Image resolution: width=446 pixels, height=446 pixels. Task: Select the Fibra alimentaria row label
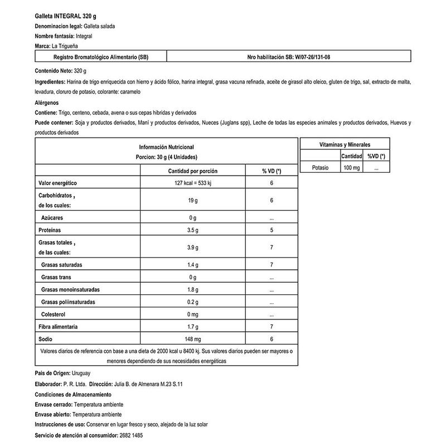coord(58,327)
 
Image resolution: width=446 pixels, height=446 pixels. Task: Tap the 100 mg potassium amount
coord(351,167)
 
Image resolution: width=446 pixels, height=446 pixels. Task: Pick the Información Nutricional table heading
coord(166,147)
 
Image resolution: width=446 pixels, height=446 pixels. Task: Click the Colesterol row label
coord(55,314)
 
